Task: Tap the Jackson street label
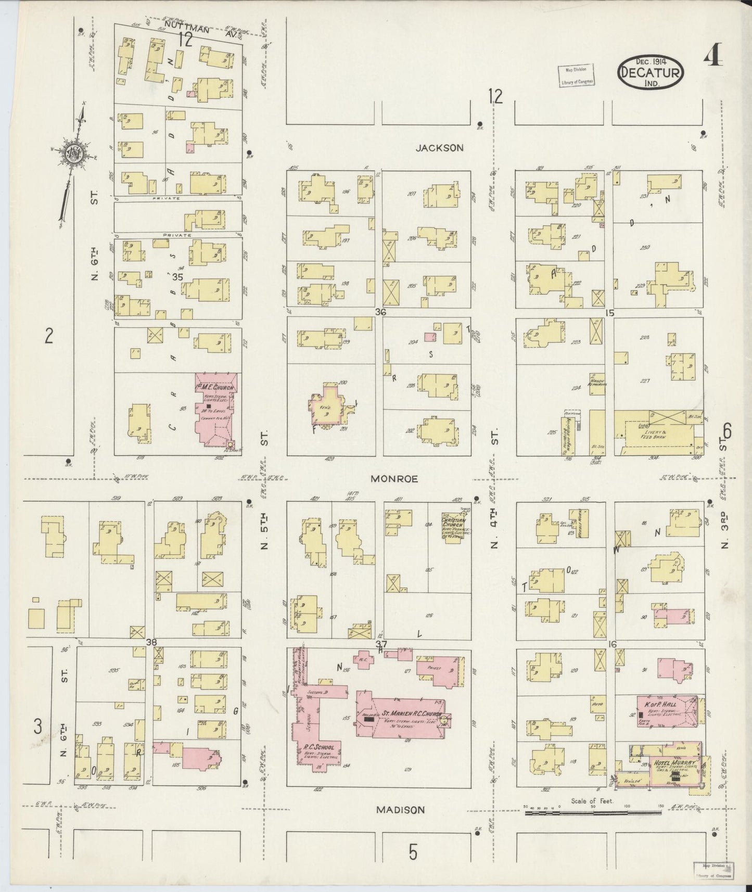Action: point(439,148)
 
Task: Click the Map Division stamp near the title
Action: point(576,75)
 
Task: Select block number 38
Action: point(151,642)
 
